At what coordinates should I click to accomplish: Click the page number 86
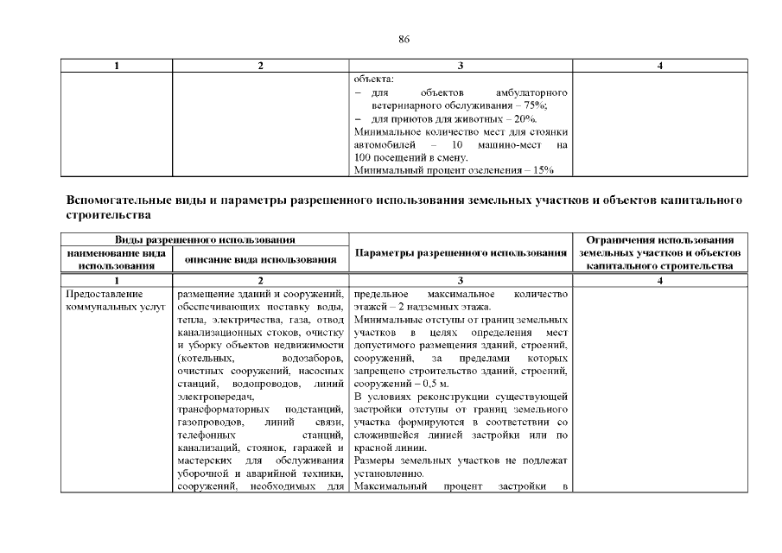point(404,39)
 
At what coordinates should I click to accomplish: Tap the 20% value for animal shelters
point(526,118)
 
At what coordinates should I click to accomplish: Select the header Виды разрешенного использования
point(205,238)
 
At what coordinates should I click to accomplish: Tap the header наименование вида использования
point(117,258)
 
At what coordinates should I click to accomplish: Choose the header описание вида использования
point(260,258)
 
